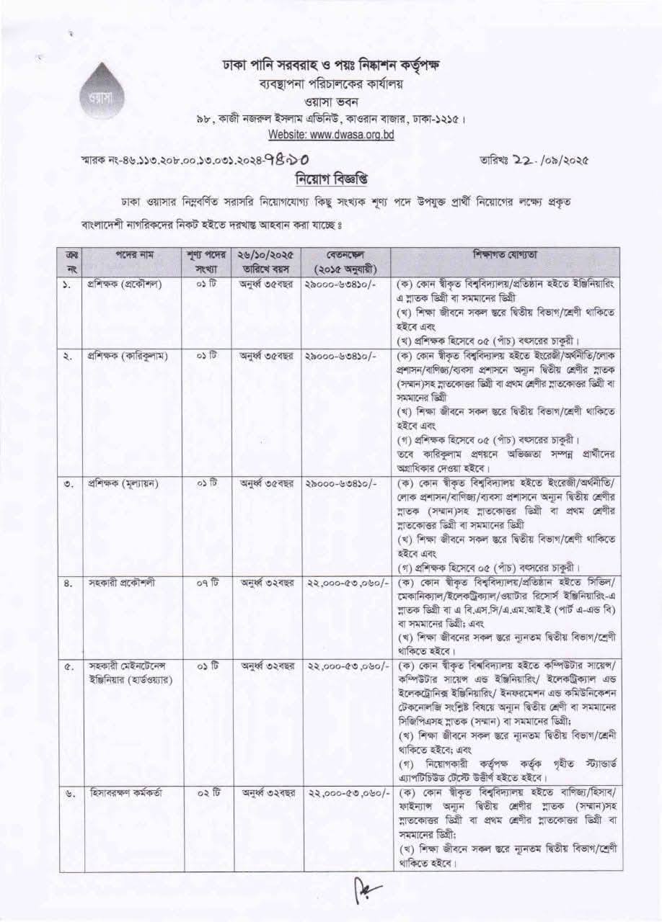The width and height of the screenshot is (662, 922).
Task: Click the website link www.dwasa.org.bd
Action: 331,135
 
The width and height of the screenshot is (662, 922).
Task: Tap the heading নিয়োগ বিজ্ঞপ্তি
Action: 330,178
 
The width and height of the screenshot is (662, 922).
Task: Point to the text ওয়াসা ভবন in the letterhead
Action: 331,102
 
